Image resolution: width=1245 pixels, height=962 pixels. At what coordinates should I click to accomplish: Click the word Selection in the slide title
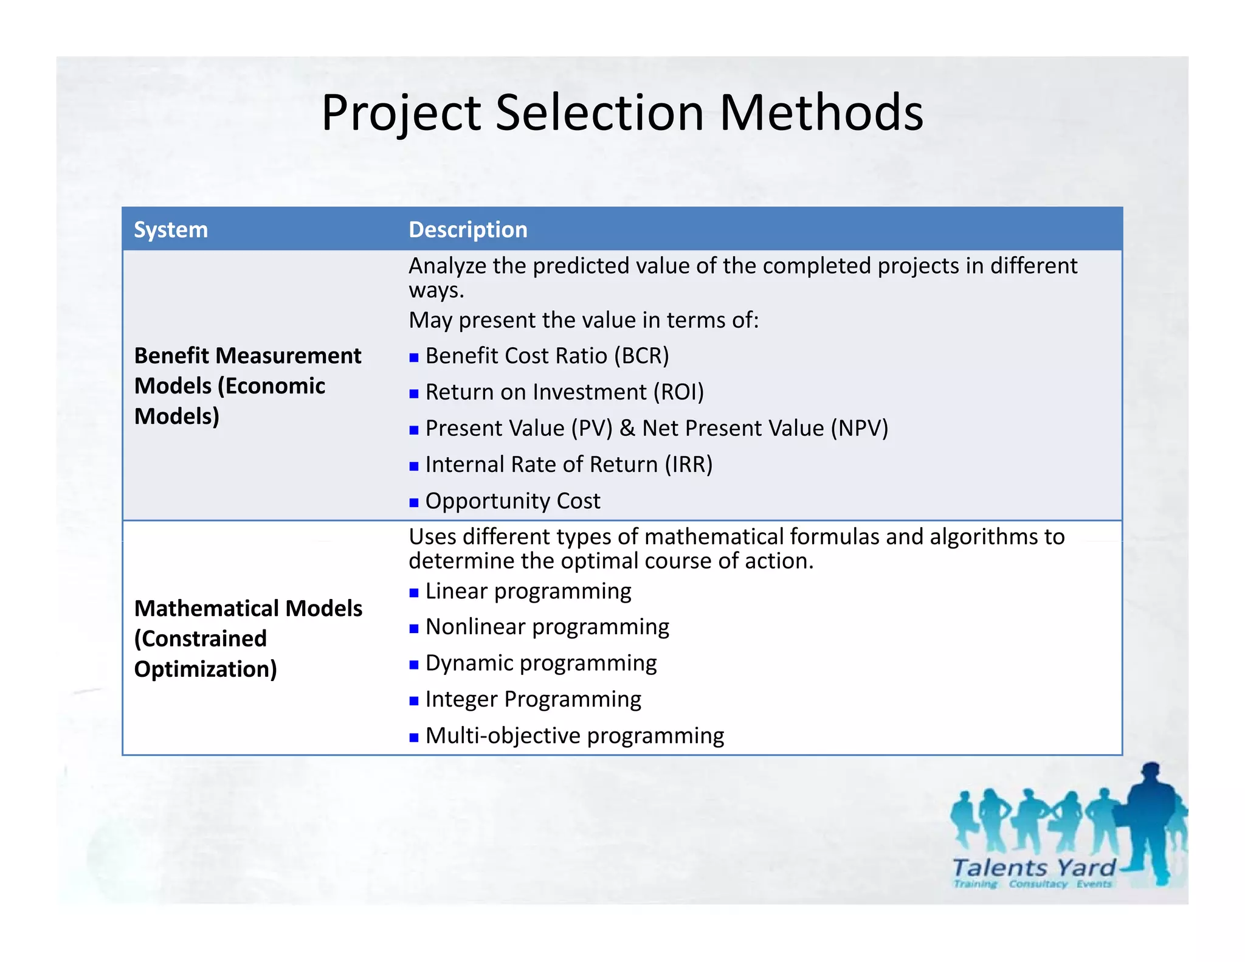(x=599, y=112)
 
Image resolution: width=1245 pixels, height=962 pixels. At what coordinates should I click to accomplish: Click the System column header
(x=171, y=230)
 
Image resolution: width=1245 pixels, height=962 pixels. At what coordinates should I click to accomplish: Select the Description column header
(x=467, y=230)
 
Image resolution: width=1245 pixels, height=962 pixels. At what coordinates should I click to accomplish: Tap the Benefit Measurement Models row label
(x=247, y=386)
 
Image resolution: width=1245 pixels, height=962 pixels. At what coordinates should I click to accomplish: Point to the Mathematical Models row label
(x=247, y=638)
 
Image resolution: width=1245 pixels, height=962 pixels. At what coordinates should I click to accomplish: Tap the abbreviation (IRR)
(x=688, y=465)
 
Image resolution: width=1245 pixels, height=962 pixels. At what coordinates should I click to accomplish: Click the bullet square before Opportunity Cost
(x=414, y=502)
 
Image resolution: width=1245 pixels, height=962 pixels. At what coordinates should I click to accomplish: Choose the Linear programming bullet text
(x=528, y=591)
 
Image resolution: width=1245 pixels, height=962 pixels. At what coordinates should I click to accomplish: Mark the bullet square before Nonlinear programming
(x=414, y=628)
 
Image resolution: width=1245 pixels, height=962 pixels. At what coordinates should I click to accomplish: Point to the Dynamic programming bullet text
(x=540, y=663)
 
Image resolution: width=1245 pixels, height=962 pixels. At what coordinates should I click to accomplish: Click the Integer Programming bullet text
(x=533, y=699)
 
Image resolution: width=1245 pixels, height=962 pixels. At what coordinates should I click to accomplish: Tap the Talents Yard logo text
(x=1033, y=868)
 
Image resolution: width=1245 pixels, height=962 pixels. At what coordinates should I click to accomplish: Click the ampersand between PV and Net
(x=627, y=428)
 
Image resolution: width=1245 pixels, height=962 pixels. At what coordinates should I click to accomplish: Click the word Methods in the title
(x=821, y=112)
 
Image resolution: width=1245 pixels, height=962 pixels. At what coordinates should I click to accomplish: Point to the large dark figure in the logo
(x=1152, y=821)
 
